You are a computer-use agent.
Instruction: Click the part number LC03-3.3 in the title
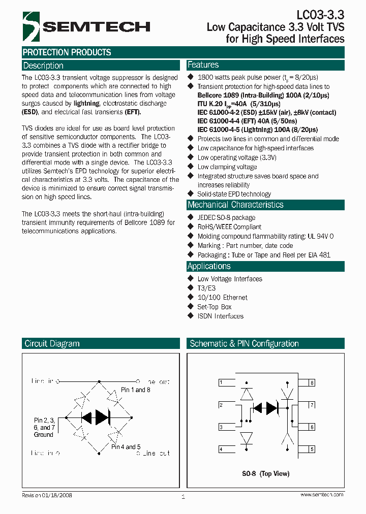click(x=320, y=15)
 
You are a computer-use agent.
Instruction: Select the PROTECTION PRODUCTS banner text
click(x=67, y=52)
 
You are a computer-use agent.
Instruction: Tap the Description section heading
click(x=43, y=66)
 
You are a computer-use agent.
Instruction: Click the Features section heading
click(x=203, y=65)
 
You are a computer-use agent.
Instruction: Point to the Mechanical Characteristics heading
click(x=235, y=205)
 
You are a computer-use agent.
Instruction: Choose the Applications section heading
click(x=209, y=266)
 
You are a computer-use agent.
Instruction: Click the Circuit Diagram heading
click(x=52, y=344)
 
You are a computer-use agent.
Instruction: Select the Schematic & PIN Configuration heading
click(x=244, y=344)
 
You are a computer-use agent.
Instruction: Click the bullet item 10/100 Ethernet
click(x=222, y=297)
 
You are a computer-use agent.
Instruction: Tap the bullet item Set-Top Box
click(x=214, y=307)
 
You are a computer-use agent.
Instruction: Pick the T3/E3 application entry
click(x=206, y=288)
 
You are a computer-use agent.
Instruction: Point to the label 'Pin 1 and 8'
click(x=136, y=390)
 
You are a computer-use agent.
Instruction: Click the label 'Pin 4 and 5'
click(x=126, y=447)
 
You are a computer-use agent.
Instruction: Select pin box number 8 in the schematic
click(x=312, y=382)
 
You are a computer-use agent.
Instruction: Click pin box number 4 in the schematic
click(x=221, y=449)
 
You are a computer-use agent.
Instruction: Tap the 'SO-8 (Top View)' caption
click(x=265, y=474)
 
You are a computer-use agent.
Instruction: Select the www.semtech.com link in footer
click(x=321, y=495)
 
